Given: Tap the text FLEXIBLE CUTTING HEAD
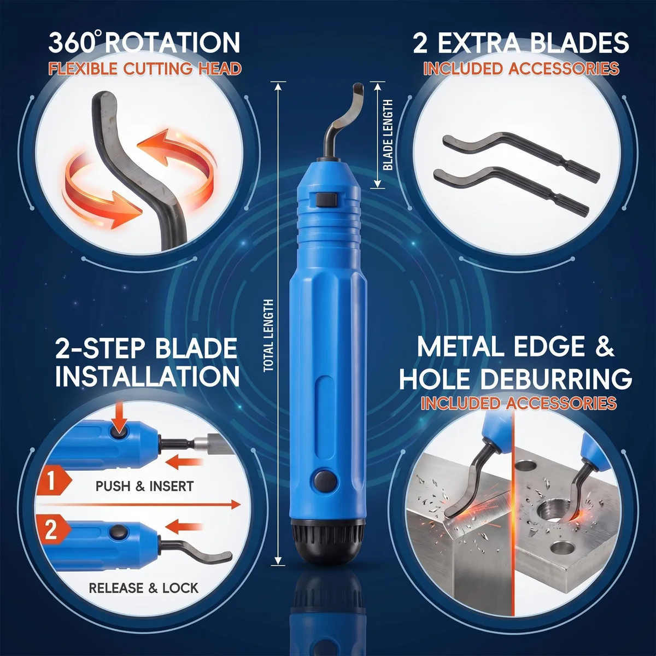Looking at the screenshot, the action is point(145,69).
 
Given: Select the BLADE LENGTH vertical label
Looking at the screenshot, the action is point(388,135).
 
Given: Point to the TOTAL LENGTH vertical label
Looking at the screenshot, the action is point(268,336).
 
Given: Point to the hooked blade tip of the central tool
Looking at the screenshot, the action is point(358,90).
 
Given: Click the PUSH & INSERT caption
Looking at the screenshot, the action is point(144,486).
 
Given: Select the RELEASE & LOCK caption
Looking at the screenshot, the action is point(143,588).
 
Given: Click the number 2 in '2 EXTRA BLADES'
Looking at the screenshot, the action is point(421,42).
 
